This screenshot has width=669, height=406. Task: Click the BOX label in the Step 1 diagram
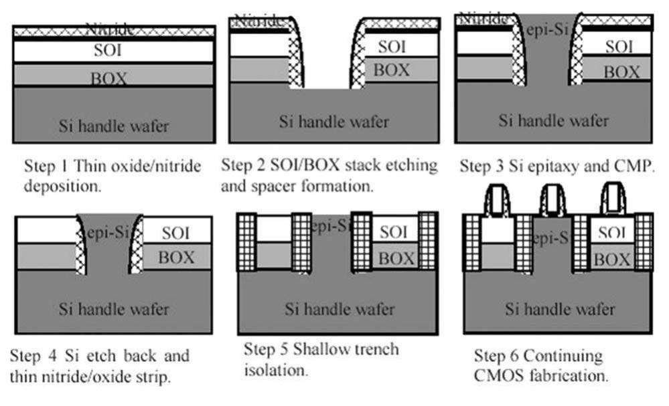click(110, 78)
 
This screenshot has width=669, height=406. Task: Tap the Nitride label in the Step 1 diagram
click(110, 29)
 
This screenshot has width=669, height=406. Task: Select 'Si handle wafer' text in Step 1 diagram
click(114, 125)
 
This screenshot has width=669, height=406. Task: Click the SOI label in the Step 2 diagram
click(392, 47)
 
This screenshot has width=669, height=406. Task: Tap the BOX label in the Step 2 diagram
click(392, 69)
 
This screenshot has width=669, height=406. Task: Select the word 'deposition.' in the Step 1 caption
click(63, 187)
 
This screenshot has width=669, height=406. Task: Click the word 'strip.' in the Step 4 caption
click(153, 377)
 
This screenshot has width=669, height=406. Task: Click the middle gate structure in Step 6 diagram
click(553, 199)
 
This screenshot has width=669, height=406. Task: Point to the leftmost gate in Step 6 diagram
click(497, 198)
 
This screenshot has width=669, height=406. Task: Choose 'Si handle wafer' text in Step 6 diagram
click(560, 310)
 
